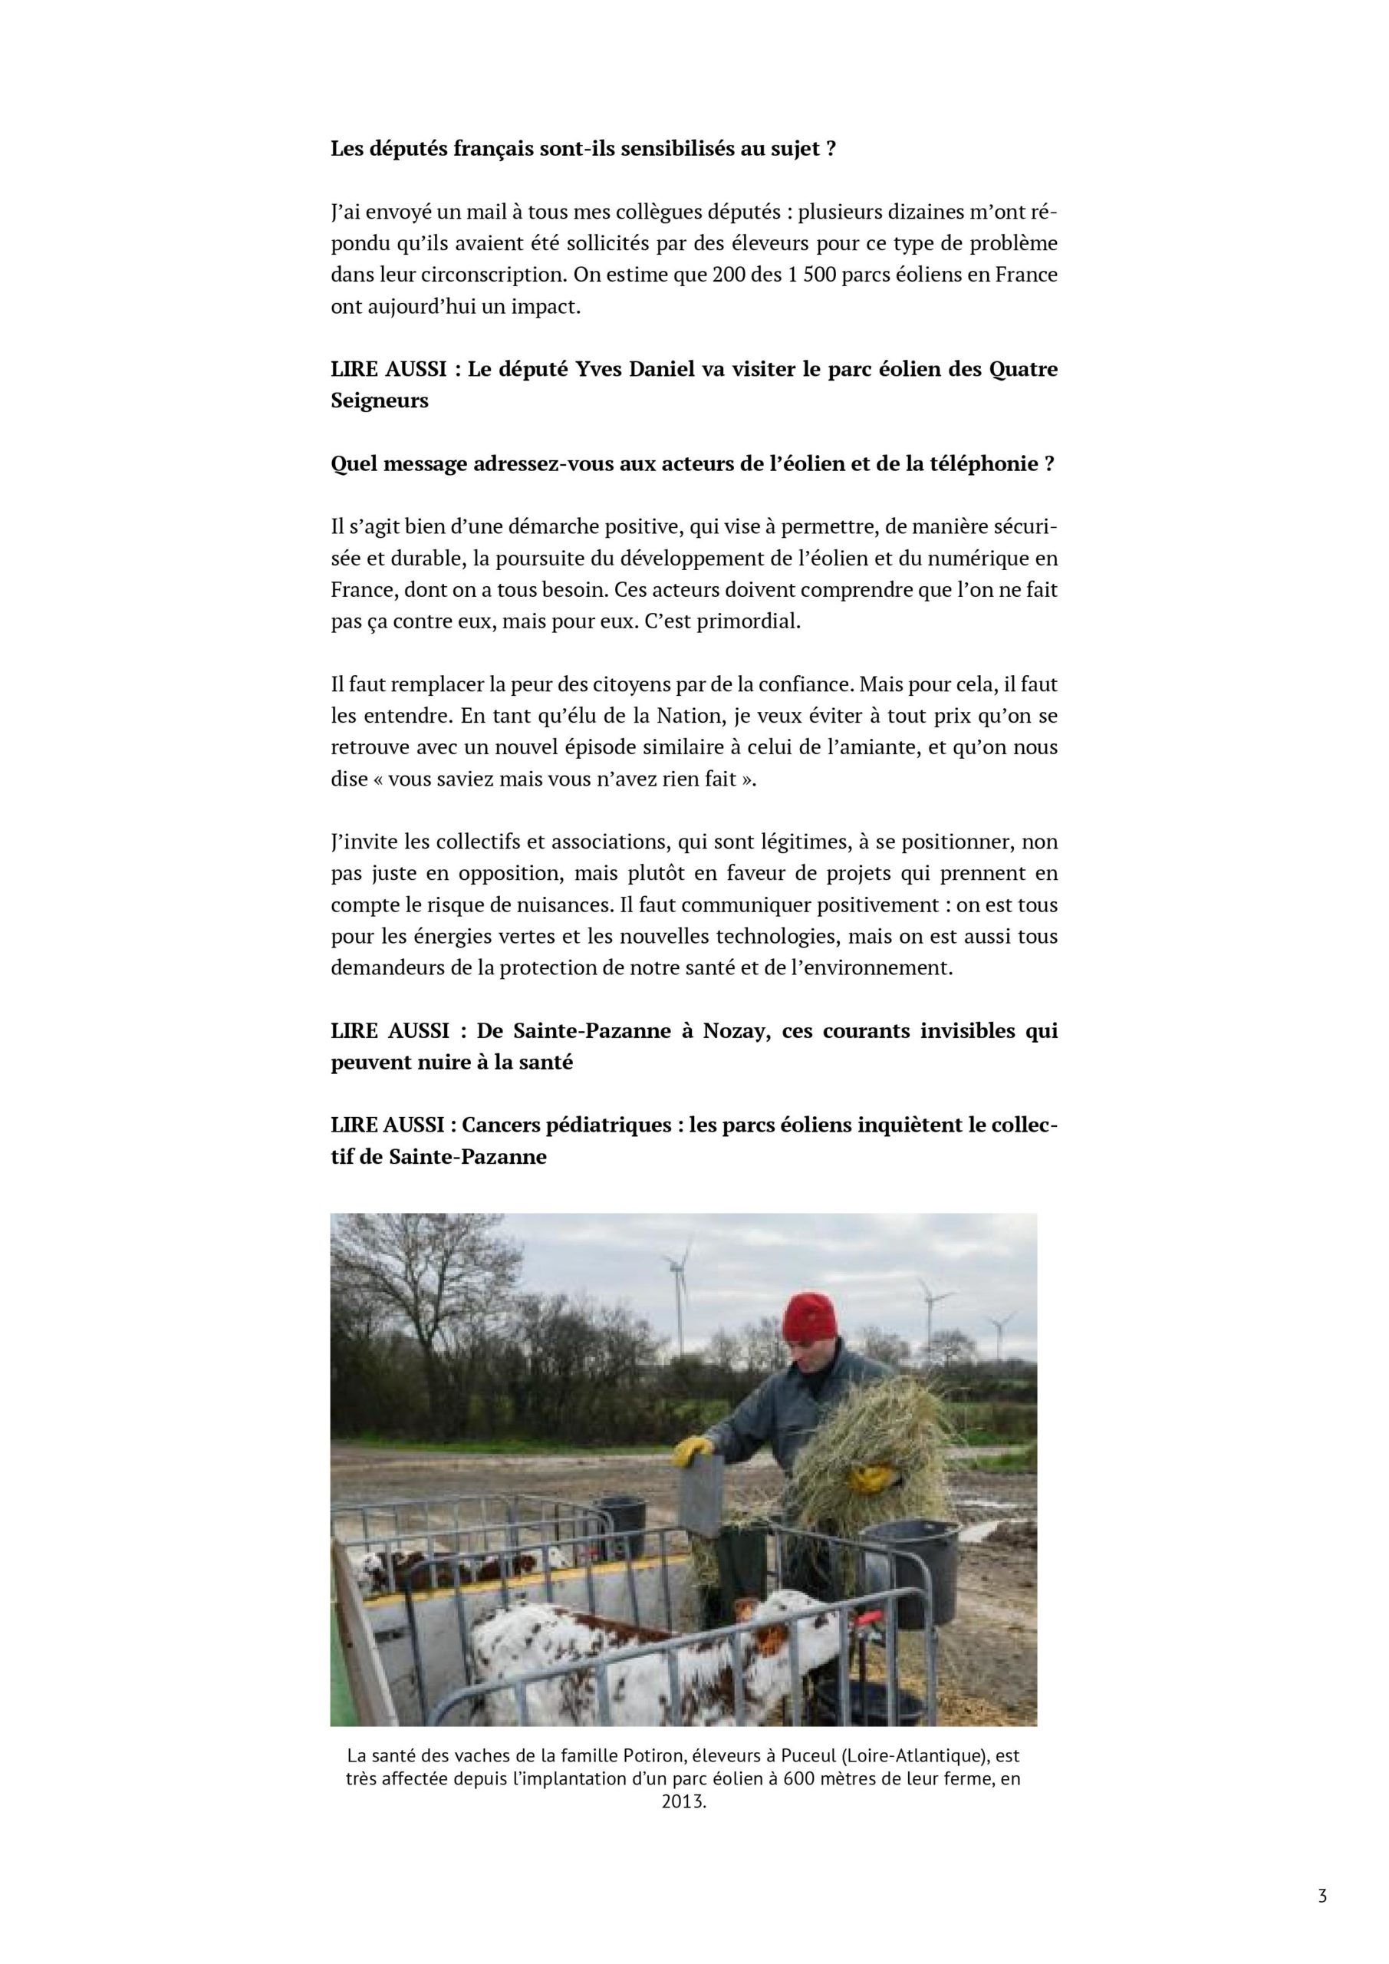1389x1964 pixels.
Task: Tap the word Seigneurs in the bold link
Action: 380,400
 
